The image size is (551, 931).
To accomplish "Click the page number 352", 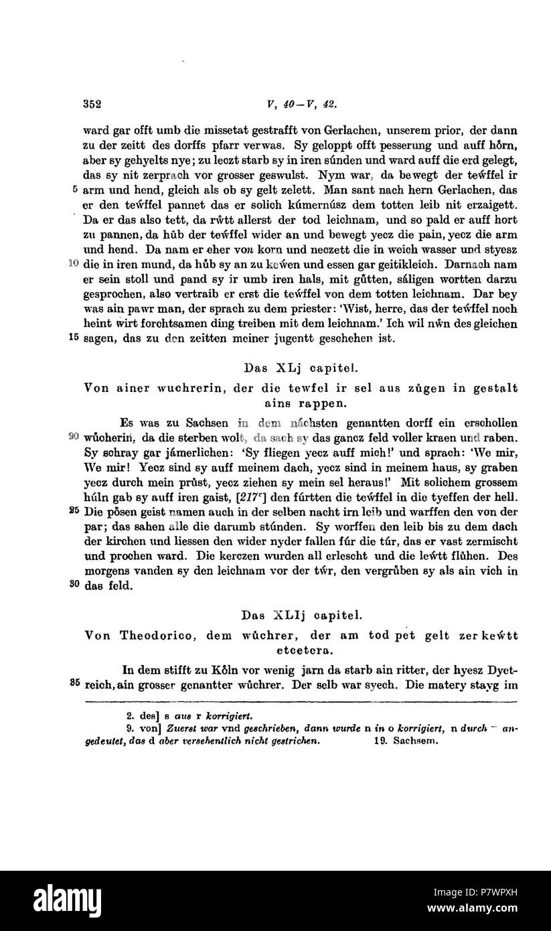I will [x=92, y=104].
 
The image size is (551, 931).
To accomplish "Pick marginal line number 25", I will [x=74, y=509].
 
